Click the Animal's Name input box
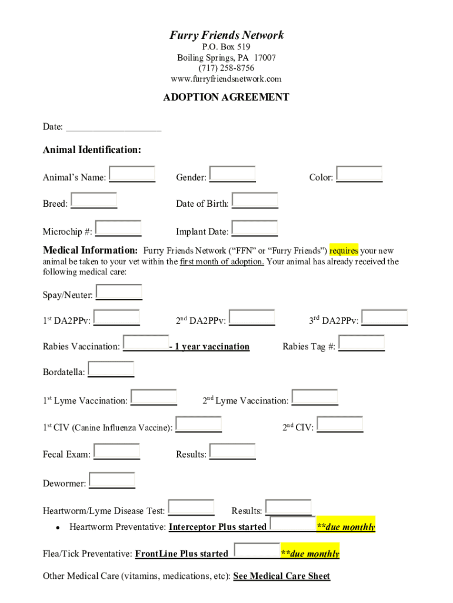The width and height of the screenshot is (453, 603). [x=132, y=174]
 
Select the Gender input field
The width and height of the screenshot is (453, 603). [x=232, y=174]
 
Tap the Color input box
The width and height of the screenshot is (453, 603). [x=359, y=174]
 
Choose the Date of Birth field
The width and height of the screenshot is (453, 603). [x=255, y=201]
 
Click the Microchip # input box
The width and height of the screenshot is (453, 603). [x=118, y=228]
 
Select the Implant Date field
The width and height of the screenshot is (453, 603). [x=255, y=228]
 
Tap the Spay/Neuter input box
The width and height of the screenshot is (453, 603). [x=119, y=292]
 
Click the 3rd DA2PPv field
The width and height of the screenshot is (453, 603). [x=385, y=318]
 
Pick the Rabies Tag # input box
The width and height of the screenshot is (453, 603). [x=361, y=343]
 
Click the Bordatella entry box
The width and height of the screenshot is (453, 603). [x=111, y=369]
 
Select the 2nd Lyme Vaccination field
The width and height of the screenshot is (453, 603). [x=315, y=397]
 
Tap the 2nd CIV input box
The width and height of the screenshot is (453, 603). [x=339, y=425]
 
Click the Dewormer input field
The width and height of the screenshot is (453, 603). [x=112, y=481]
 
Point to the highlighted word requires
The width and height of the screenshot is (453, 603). [x=344, y=251]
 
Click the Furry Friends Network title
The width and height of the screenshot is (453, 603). [x=226, y=35]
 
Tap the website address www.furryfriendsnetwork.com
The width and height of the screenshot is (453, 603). [x=226, y=79]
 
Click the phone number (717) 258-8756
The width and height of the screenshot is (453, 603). [x=226, y=68]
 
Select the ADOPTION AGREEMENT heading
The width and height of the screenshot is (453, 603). [x=226, y=97]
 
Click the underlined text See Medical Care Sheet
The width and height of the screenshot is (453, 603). [x=282, y=576]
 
